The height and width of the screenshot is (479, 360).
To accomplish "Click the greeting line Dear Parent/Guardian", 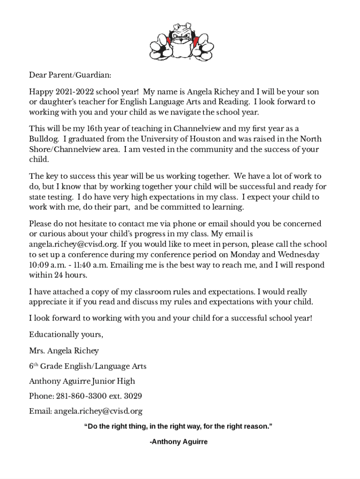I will pyautogui.click(x=70, y=75).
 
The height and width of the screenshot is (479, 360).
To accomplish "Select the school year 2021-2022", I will pyautogui.click(x=71, y=92).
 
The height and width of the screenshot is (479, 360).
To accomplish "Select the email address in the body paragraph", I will pyautogui.click(x=73, y=244).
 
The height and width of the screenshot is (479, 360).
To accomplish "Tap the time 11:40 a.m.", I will pyautogui.click(x=88, y=265).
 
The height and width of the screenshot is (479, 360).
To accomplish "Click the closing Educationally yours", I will pyautogui.click(x=66, y=334).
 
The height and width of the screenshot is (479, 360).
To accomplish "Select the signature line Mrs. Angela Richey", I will pyautogui.click(x=64, y=350).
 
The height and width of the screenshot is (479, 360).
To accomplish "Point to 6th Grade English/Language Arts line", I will pyautogui.click(x=87, y=366).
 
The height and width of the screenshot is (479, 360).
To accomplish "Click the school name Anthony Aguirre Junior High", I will pyautogui.click(x=82, y=381).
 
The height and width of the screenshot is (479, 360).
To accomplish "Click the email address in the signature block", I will pyautogui.click(x=98, y=411).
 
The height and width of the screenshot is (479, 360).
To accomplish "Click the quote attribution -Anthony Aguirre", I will pyautogui.click(x=178, y=442).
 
